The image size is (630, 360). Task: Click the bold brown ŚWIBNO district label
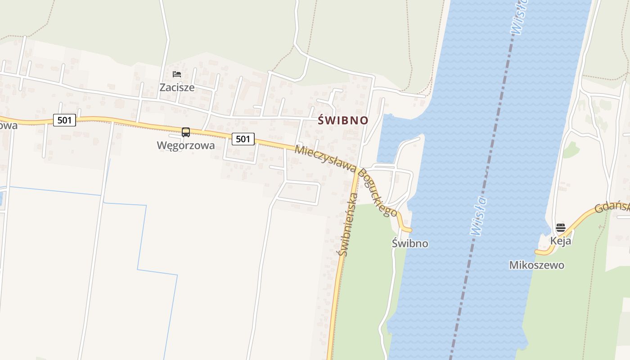343,121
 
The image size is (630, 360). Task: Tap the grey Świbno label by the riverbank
410,243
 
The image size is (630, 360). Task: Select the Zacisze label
177,87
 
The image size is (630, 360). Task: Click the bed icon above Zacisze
177,74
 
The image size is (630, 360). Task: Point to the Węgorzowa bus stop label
185,145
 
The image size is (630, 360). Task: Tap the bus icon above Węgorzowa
185,132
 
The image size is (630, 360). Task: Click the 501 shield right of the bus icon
243,139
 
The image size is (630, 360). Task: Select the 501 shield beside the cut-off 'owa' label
64,120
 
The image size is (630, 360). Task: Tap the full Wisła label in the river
478,216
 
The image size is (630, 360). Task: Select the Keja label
561,241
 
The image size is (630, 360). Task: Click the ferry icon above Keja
560,228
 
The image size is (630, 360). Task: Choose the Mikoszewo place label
536,265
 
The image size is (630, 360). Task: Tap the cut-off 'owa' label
8,125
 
